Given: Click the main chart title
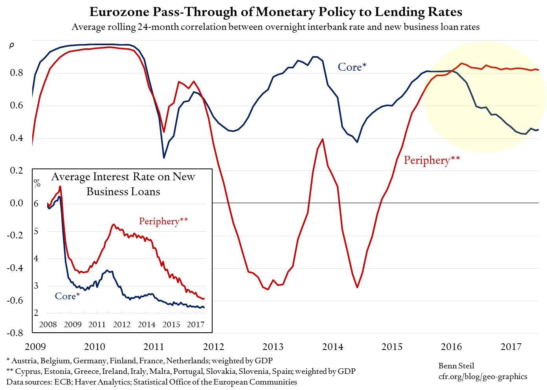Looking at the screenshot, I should tap(276, 12).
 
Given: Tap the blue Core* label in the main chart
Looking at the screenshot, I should tap(352, 67).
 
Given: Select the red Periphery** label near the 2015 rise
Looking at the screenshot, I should tap(431, 160).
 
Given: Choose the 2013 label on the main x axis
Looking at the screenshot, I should tap(273, 347).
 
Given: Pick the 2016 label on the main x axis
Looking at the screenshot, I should tap(451, 347).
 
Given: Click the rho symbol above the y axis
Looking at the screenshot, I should tap(11, 46).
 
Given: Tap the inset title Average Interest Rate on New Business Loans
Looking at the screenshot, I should tap(123, 184).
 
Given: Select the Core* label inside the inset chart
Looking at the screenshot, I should tap(67, 296).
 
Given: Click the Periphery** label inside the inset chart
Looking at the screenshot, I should tap(163, 221).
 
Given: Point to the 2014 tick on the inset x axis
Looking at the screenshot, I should tap(147, 324).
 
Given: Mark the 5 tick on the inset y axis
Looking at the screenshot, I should tap(36, 231).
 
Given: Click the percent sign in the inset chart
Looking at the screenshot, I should tap(37, 183).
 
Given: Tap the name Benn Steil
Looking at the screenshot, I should tap(456, 366).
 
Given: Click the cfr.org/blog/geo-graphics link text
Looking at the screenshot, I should tap(483, 376).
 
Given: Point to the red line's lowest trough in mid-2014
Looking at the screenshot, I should tap(357, 287).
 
